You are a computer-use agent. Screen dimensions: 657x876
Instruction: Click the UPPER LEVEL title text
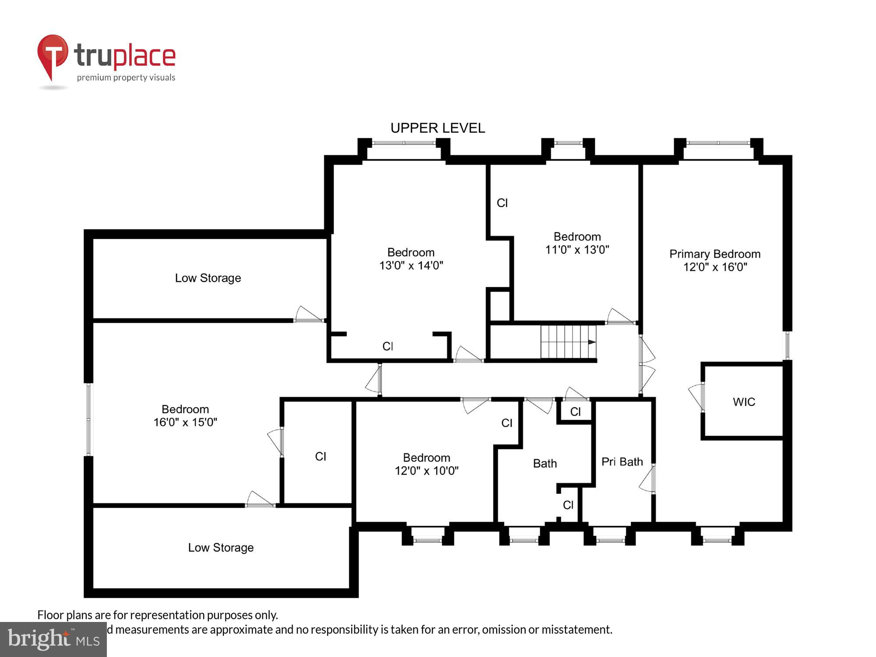point(438,128)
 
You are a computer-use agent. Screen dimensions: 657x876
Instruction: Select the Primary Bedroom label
point(715,254)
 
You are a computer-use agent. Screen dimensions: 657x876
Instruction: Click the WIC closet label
point(744,402)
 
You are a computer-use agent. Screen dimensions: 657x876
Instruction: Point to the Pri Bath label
point(622,462)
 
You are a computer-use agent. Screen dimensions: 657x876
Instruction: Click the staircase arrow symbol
point(591,342)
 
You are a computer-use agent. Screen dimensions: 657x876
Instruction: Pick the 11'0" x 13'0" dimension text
point(577,250)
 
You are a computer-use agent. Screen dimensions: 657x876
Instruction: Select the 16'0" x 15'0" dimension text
point(185,422)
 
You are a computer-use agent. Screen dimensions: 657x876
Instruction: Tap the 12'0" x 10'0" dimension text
point(427,471)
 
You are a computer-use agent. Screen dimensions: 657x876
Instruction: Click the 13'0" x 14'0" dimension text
point(411,265)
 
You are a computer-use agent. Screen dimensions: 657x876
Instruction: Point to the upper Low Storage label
point(208,278)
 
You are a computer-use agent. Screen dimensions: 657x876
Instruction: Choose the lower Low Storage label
point(221,547)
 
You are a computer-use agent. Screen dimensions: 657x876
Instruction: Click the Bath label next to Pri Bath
point(545,463)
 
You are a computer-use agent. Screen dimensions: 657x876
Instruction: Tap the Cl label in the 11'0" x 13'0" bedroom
point(502,203)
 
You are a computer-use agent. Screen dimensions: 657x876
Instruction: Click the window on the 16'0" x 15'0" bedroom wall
point(89,420)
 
